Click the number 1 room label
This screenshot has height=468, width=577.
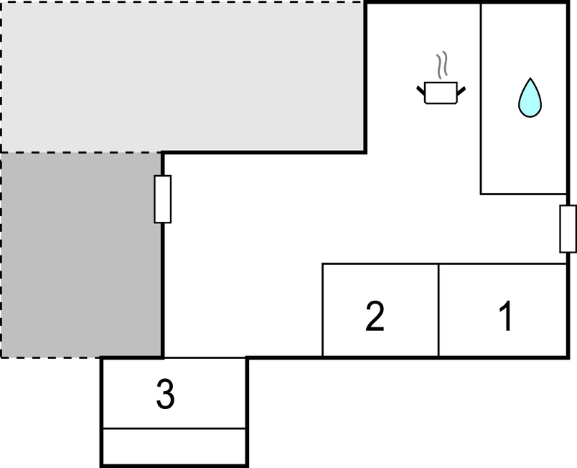507,316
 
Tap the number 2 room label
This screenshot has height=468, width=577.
375,316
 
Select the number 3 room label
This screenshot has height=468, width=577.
165,393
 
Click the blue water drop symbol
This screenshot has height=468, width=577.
530,98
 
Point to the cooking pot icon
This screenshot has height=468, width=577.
441,93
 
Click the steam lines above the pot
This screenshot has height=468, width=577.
442,65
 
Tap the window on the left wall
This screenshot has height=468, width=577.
163,199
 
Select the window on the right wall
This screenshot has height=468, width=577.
568,229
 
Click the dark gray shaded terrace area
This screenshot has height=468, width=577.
81,255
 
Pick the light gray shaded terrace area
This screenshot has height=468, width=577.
183,77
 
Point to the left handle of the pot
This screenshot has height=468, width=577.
421,90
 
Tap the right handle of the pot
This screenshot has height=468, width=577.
461,90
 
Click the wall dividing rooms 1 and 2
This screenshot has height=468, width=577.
438,310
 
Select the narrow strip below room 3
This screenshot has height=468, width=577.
174,446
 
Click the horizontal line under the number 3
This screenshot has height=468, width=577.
174,429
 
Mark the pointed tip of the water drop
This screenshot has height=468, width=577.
530,78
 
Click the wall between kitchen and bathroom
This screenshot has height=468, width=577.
481,98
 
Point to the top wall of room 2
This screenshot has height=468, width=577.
380,264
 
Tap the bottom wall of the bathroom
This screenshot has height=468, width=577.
524,194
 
